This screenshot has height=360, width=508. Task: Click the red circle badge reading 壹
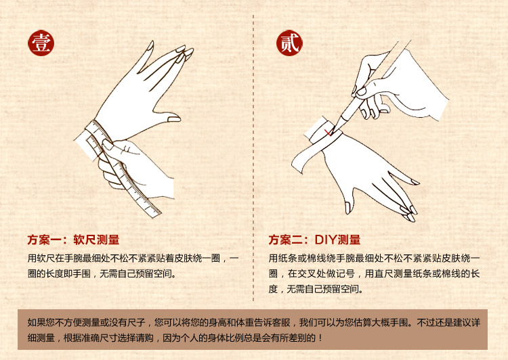coord(41,43)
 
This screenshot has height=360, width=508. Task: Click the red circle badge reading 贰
coord(289,43)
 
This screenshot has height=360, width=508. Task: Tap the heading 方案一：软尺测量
coord(74,240)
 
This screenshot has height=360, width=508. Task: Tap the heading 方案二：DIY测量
coord(314,240)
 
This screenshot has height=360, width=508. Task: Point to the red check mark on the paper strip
coord(329,132)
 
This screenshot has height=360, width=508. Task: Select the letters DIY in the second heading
coord(326,240)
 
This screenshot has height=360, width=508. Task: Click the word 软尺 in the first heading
coord(85,240)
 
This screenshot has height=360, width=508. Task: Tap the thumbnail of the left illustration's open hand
coord(174,119)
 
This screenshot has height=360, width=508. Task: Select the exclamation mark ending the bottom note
coord(320,338)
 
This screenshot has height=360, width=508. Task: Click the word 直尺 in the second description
coord(383,274)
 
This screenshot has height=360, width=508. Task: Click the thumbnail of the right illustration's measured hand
coord(347,208)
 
